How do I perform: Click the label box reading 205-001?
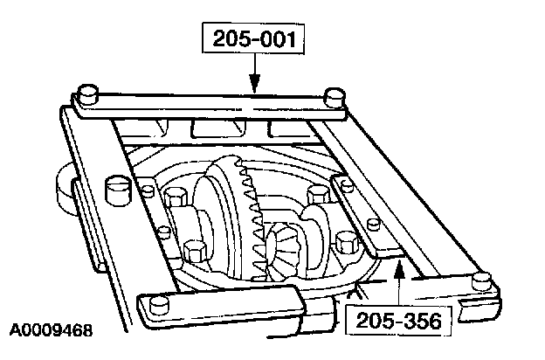[253, 39]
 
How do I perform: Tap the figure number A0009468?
[51, 332]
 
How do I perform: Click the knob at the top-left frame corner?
[86, 92]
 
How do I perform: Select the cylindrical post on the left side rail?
[115, 189]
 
